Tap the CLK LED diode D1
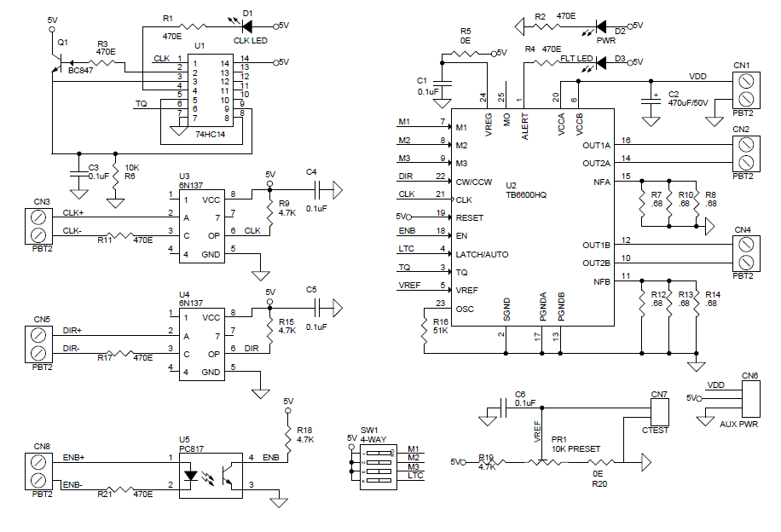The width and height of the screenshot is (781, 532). pyautogui.click(x=246, y=26)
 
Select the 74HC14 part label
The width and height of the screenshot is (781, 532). pyautogui.click(x=211, y=134)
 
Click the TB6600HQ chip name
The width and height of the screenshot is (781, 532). pyautogui.click(x=526, y=194)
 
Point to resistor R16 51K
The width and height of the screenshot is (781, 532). pyautogui.click(x=425, y=330)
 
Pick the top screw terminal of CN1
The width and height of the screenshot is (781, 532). pyautogui.click(x=746, y=81)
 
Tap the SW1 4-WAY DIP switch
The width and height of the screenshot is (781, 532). pyautogui.click(x=378, y=466)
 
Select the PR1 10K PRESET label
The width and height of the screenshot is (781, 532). pyautogui.click(x=576, y=444)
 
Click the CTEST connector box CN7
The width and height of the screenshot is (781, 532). pyautogui.click(x=660, y=412)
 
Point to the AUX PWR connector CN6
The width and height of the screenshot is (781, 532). pyautogui.click(x=750, y=398)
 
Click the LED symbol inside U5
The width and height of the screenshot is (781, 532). pyautogui.click(x=191, y=476)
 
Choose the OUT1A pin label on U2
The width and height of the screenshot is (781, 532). pyautogui.click(x=596, y=146)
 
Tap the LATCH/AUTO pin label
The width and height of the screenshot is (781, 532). pyautogui.click(x=482, y=255)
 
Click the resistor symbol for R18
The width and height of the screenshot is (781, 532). pyautogui.click(x=287, y=437)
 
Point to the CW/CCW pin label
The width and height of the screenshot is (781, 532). pyautogui.click(x=474, y=182)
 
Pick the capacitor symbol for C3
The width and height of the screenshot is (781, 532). pyautogui.click(x=78, y=174)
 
